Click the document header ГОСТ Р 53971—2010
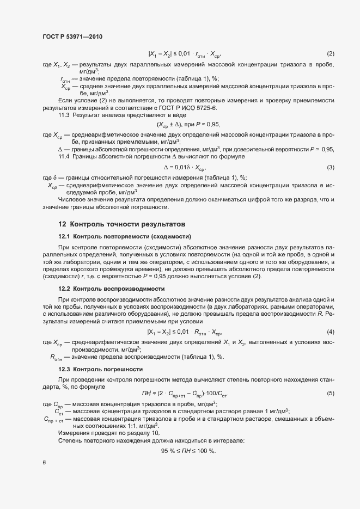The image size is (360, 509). coord(72,36)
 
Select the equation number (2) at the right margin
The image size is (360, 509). coord(330,53)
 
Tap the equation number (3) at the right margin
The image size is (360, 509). coord(330,167)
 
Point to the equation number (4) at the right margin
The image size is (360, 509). coord(330,332)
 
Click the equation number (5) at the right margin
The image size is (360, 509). coord(330,393)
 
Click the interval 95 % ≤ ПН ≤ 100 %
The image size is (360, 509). coord(188,451)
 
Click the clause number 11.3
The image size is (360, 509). coord(64,116)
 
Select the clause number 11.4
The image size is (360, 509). coord(64,157)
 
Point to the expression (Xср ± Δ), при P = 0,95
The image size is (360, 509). coord(188,125)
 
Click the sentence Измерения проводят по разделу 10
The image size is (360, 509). coord(102,432)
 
